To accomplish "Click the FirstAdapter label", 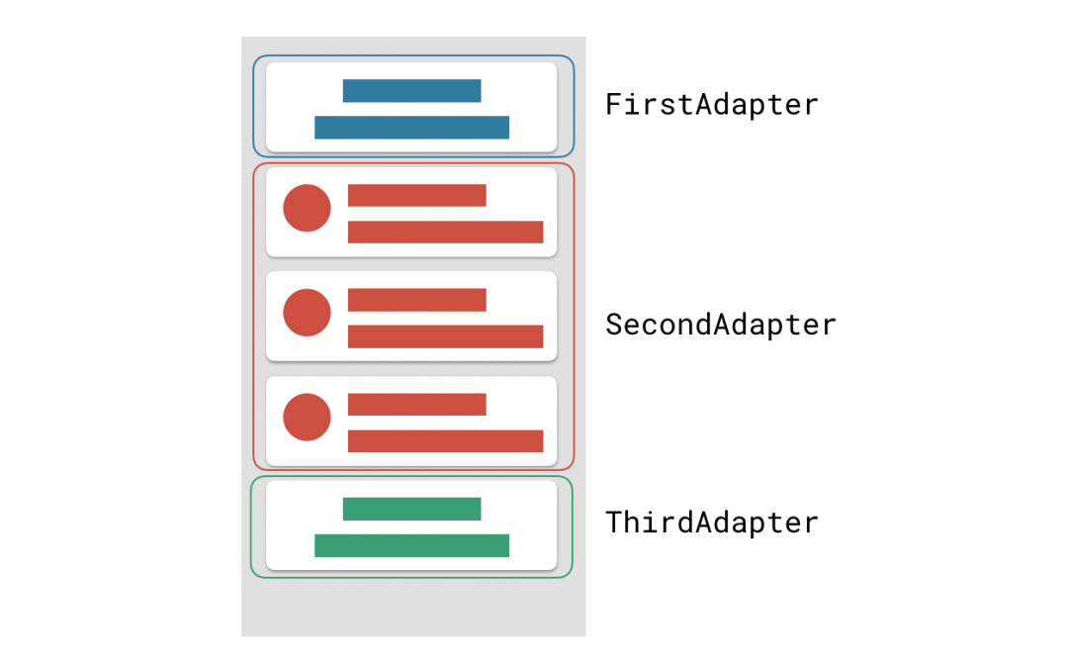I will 711,104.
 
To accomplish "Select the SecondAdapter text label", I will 720,324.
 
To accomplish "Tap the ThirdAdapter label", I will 711,522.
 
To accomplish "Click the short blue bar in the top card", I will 411,91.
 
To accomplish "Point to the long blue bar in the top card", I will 411,127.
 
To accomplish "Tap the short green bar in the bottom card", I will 411,509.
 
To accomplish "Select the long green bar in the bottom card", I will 411,545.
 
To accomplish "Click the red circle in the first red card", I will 307,208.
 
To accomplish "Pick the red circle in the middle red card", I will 307,313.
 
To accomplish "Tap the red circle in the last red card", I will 307,417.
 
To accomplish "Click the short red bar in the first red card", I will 416,195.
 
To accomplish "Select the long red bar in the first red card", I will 445,232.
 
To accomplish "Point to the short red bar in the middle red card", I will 416,300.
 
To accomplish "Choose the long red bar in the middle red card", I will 445,336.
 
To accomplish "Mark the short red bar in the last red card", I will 416,404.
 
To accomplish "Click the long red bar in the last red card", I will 445,440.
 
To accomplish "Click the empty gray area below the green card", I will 412,608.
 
